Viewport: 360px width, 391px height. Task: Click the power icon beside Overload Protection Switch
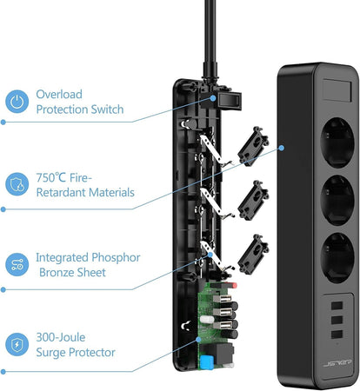coord(17,102)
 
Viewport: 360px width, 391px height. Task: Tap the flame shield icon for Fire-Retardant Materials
coord(17,184)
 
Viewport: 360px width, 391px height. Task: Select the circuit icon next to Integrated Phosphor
coord(17,265)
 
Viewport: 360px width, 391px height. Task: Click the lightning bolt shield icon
coord(17,345)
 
